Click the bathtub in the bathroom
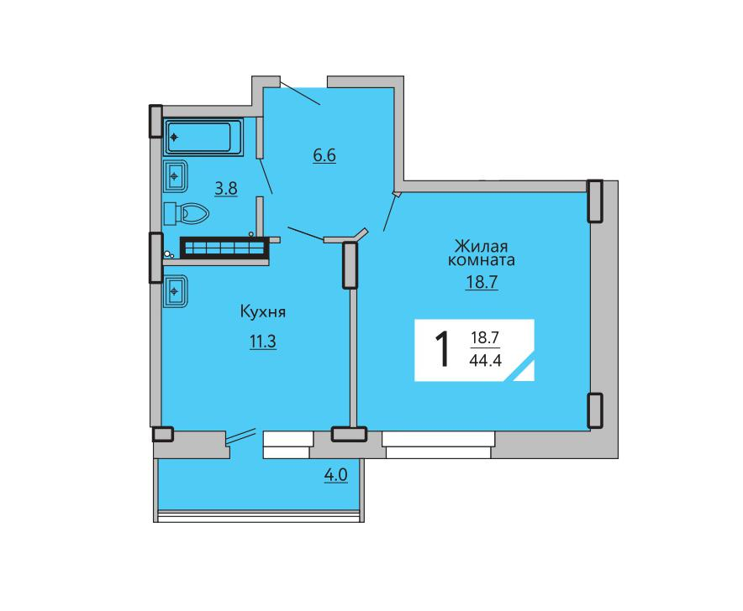click(203, 138)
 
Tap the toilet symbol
click(187, 214)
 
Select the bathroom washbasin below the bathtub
click(176, 176)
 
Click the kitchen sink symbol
click(176, 291)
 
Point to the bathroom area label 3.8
click(226, 189)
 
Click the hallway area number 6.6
click(324, 154)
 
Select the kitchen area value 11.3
click(263, 342)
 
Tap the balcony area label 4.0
click(336, 475)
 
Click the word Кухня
click(263, 312)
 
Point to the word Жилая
click(481, 247)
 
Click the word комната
click(482, 260)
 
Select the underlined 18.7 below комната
click(482, 282)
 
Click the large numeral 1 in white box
click(442, 350)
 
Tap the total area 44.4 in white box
click(485, 361)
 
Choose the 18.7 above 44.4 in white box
click(485, 338)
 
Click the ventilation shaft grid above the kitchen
click(224, 248)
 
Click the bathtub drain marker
click(174, 138)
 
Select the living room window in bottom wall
click(438, 445)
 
